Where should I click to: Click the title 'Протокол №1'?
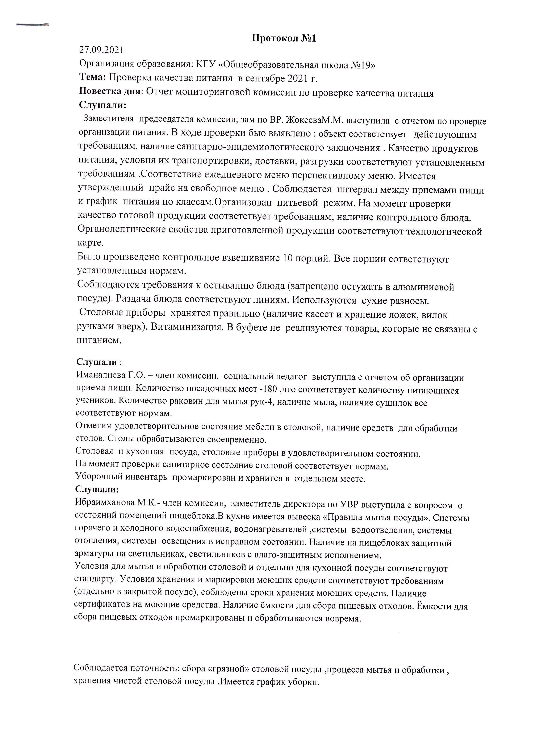click(284, 38)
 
